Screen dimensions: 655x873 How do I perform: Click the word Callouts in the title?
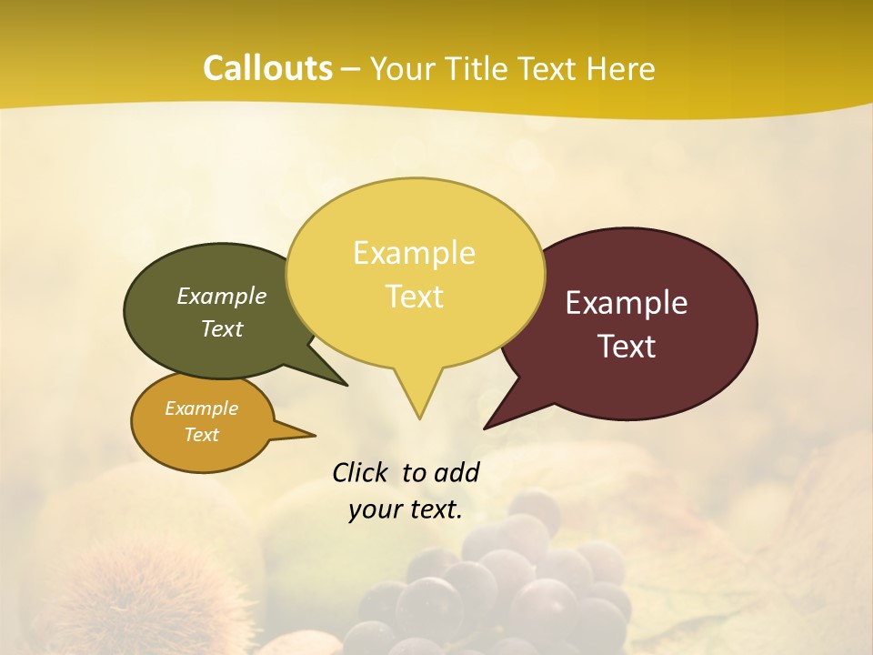pyautogui.click(x=267, y=68)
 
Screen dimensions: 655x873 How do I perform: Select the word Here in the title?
pyautogui.click(x=621, y=69)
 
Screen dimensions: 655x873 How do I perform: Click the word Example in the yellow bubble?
pyautogui.click(x=414, y=253)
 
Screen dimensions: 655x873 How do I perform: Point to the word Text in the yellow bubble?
pyautogui.click(x=414, y=297)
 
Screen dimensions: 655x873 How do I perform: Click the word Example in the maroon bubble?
pyautogui.click(x=627, y=303)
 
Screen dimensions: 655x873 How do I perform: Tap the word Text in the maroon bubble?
pyautogui.click(x=627, y=347)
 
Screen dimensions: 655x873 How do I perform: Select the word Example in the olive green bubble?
pyautogui.click(x=222, y=297)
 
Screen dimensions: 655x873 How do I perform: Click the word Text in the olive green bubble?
pyautogui.click(x=222, y=329)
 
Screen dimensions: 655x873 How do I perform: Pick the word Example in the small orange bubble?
pyautogui.click(x=201, y=408)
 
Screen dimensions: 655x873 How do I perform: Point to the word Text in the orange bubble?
pyautogui.click(x=201, y=435)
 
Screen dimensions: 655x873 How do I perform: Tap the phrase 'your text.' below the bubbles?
pyautogui.click(x=406, y=509)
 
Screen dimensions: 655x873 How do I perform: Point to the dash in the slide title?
pyautogui.click(x=351, y=69)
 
